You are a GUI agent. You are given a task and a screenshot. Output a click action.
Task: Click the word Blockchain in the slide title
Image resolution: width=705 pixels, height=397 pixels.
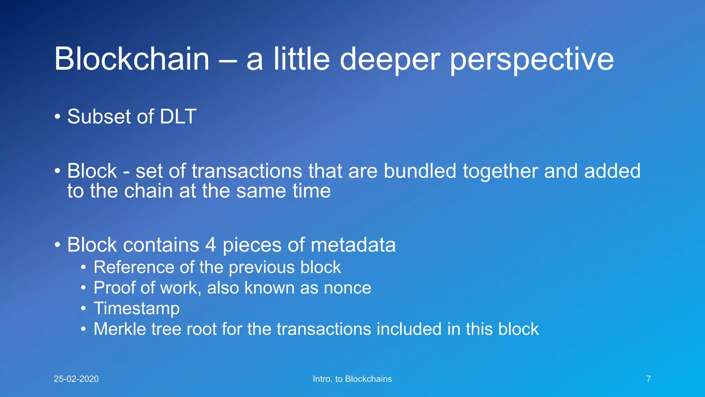click(132, 59)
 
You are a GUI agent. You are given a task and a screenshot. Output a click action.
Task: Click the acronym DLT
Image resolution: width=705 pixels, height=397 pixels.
click(178, 116)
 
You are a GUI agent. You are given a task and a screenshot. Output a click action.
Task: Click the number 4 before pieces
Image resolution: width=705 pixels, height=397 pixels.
click(211, 245)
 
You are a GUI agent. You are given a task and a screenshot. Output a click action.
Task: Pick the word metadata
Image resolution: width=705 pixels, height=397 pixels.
click(353, 245)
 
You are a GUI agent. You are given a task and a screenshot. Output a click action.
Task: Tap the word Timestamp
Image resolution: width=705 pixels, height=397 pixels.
click(136, 308)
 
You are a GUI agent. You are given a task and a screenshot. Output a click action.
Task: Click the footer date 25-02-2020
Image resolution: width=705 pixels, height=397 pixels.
click(76, 379)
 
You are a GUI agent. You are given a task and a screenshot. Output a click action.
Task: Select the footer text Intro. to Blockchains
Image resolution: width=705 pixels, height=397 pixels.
click(352, 379)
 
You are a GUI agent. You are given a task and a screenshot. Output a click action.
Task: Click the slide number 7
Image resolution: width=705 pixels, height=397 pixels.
click(649, 379)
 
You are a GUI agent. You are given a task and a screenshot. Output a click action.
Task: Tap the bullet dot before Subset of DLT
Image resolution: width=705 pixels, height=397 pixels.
click(57, 116)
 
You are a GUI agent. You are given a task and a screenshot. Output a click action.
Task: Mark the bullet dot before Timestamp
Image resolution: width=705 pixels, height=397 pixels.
click(83, 308)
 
